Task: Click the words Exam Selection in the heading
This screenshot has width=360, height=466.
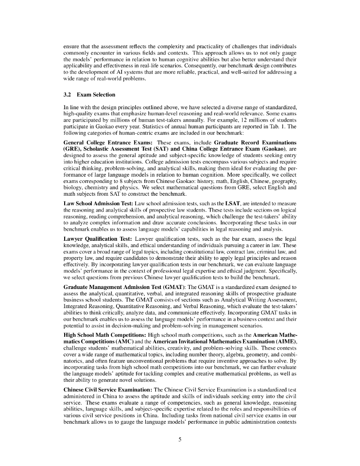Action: [90, 95]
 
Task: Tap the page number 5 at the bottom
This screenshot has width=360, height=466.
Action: [180, 439]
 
